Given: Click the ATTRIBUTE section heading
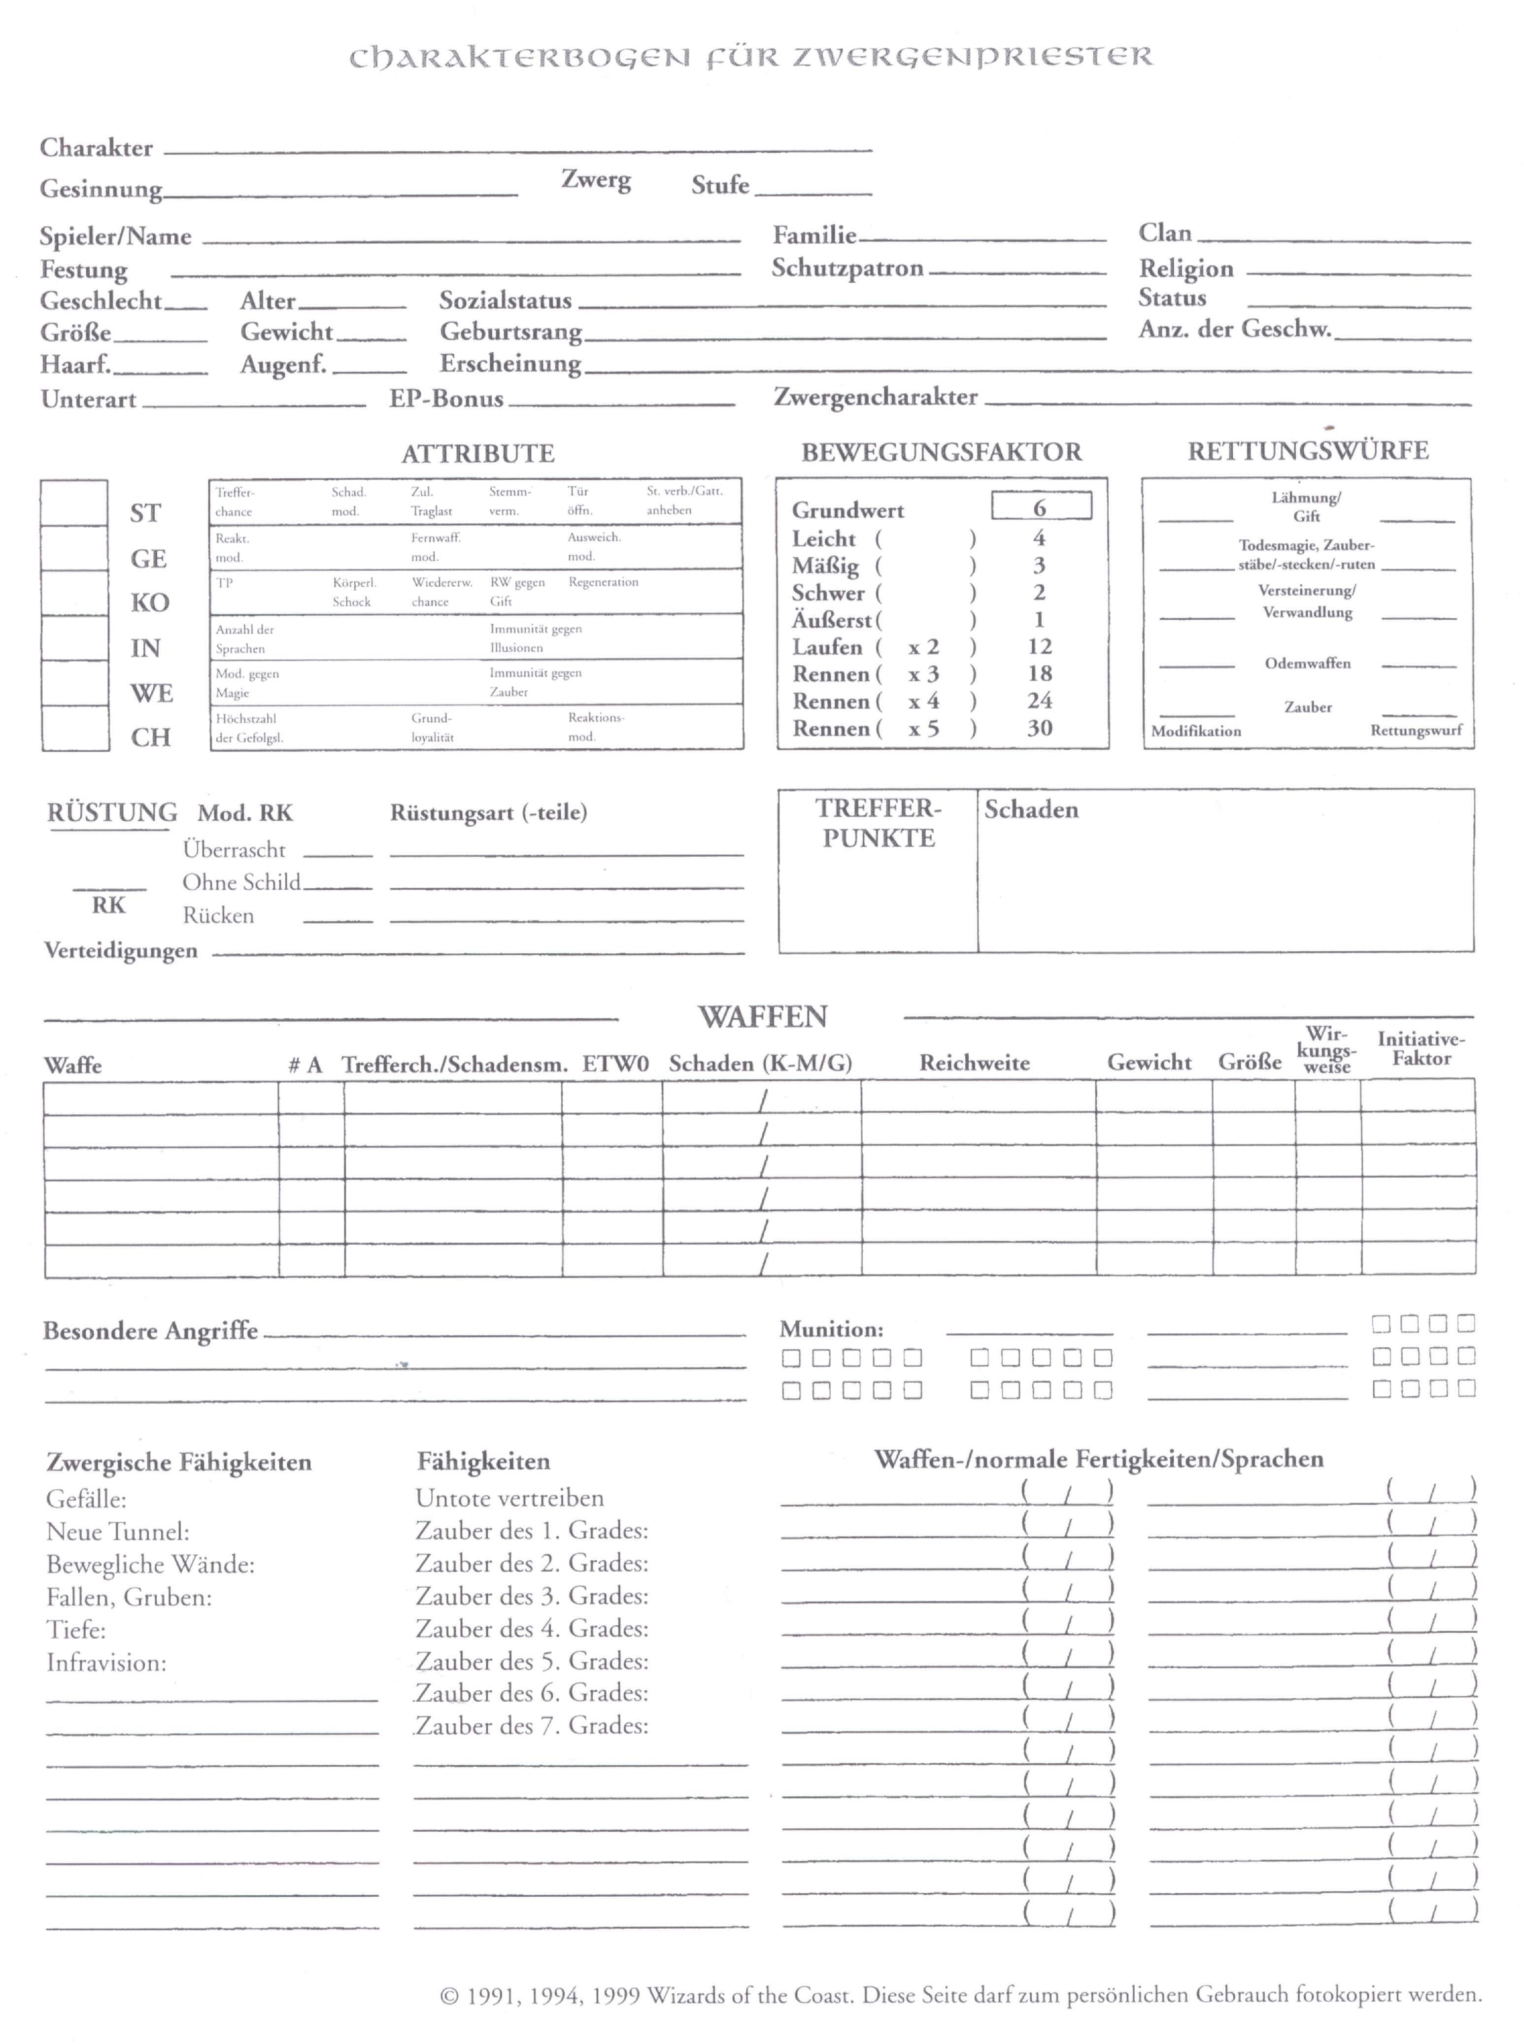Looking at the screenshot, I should [478, 454].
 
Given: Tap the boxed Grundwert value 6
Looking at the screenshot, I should [1041, 506].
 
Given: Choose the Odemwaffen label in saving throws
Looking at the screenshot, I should [1307, 663].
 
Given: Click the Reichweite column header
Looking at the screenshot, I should [974, 1063].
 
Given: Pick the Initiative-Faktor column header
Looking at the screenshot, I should [1421, 1049].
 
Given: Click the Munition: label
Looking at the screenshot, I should [831, 1329].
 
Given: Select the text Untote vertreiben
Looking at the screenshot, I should [509, 1499].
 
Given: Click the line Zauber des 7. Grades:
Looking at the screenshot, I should [531, 1726].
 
